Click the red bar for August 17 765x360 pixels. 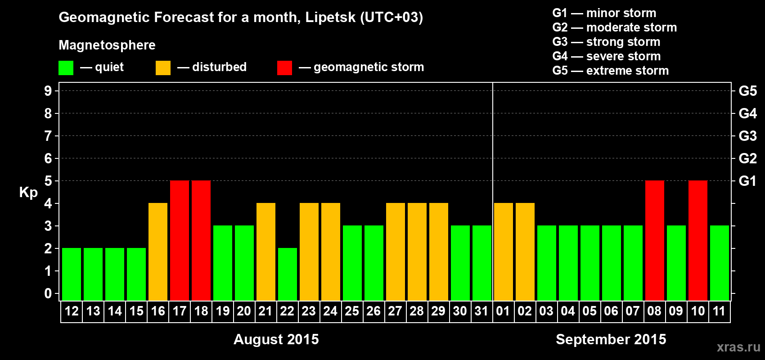pos(180,240)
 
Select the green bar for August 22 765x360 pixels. pos(288,274)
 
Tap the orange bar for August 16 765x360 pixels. pos(158,252)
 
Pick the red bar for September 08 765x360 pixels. pos(655,240)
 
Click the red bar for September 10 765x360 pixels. pos(698,240)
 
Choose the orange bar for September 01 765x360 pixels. pos(504,252)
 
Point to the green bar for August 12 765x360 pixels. pos(72,274)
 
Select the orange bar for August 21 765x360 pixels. pos(266,252)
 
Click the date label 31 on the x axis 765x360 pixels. pos(481,311)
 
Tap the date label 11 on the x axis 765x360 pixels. pos(719,311)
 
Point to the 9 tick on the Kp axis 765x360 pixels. pos(48,91)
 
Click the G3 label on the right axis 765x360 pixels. pos(747,136)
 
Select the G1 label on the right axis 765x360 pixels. pos(747,181)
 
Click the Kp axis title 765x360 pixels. pos(28,193)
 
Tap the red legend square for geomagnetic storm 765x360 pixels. pos(284,68)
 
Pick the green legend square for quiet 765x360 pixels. pos(66,68)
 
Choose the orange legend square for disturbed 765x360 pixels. pos(163,68)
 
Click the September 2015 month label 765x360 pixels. pos(611,339)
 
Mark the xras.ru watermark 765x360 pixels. pos(738,347)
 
